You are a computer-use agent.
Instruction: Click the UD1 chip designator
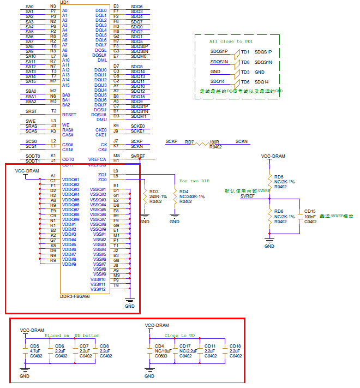click(65, 3)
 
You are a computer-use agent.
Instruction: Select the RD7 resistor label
click(189, 142)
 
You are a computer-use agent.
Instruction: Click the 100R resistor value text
click(214, 142)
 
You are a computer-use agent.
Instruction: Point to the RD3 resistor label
click(154, 192)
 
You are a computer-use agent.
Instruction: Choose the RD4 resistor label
click(184, 192)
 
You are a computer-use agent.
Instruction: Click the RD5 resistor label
click(279, 177)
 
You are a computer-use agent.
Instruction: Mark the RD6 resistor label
click(279, 211)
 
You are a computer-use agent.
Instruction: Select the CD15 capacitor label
click(310, 211)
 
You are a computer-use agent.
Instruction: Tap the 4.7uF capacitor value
click(35, 351)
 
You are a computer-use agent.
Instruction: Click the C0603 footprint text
click(161, 356)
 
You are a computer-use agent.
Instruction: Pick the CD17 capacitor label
click(185, 346)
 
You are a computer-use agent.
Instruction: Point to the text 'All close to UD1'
click(231, 41)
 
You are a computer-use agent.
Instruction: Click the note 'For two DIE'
click(194, 181)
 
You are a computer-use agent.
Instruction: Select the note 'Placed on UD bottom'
click(72, 336)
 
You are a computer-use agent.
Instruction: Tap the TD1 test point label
click(245, 52)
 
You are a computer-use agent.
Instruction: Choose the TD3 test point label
click(245, 72)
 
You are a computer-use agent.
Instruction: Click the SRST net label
click(32, 111)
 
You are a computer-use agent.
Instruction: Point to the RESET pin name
click(69, 115)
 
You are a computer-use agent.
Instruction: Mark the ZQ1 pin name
click(102, 175)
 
